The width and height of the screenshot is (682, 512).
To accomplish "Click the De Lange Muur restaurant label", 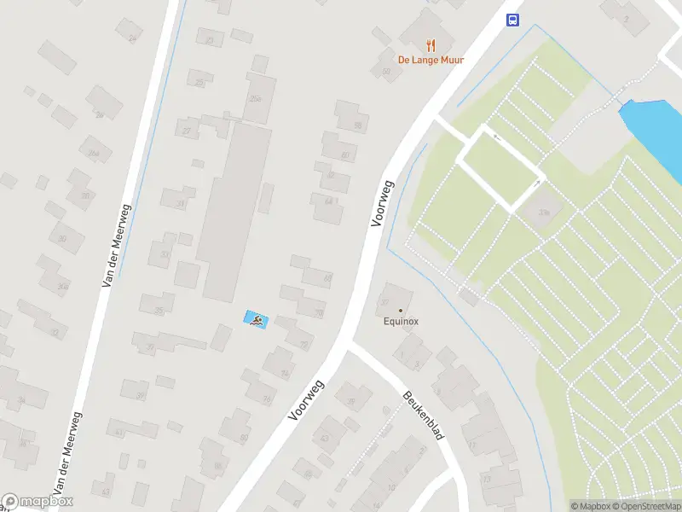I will pyautogui.click(x=423, y=60).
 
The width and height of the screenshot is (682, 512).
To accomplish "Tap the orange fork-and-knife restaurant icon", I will pyautogui.click(x=431, y=44).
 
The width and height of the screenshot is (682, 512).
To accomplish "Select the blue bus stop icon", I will pyautogui.click(x=513, y=20).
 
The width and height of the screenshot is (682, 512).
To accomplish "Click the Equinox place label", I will pyautogui.click(x=400, y=322).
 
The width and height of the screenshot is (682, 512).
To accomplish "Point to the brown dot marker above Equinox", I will pyautogui.click(x=400, y=310).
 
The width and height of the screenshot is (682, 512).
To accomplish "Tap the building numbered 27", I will pyautogui.click(x=187, y=130).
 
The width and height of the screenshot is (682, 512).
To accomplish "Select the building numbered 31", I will pyautogui.click(x=180, y=202).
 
